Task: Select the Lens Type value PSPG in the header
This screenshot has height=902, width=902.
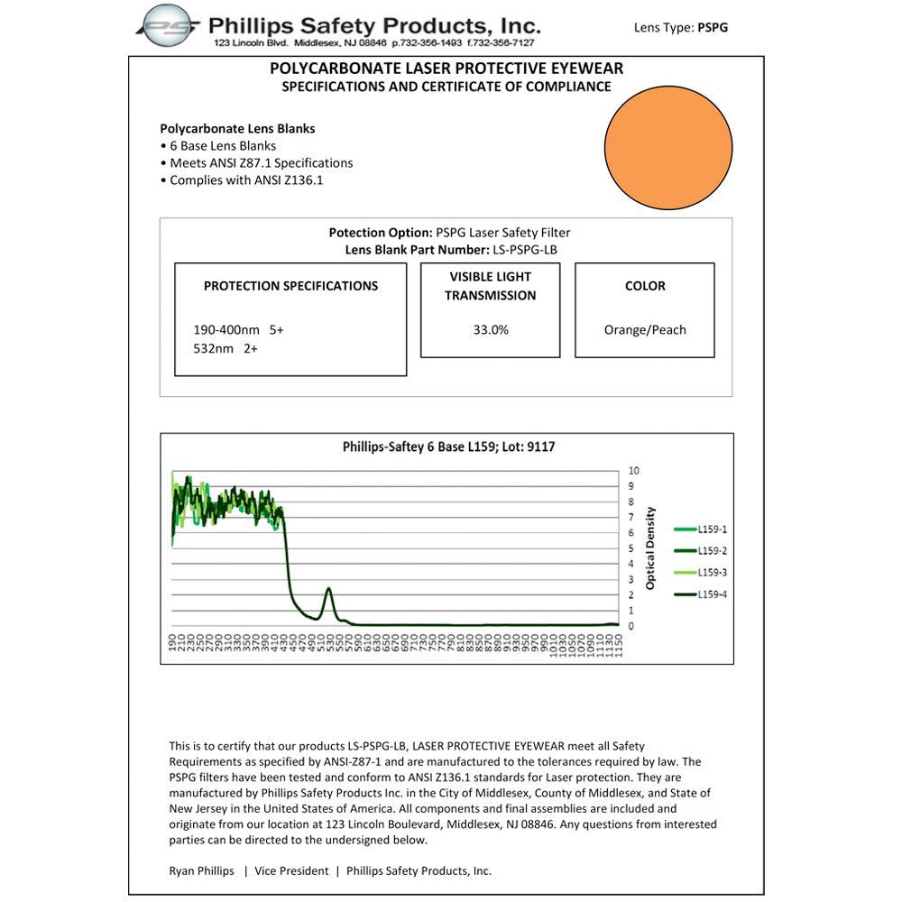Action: pyautogui.click(x=713, y=28)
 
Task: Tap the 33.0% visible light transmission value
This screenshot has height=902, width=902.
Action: pyautogui.click(x=491, y=330)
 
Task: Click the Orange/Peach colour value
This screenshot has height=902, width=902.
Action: pyautogui.click(x=645, y=330)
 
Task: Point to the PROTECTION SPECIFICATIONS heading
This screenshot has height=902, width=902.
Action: pyautogui.click(x=290, y=286)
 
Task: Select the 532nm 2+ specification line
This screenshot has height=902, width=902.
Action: pyautogui.click(x=225, y=348)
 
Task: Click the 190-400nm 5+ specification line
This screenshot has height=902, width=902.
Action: pyautogui.click(x=238, y=330)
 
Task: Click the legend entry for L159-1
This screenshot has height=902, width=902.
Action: pyautogui.click(x=709, y=529)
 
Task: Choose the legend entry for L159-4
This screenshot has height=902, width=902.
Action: pyautogui.click(x=709, y=594)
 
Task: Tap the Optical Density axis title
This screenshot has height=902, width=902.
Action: pyautogui.click(x=650, y=548)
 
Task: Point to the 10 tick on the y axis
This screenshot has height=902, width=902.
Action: pyautogui.click(x=634, y=471)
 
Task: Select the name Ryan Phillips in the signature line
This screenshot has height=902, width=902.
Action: pyautogui.click(x=201, y=871)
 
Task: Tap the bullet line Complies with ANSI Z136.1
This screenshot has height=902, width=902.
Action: pyautogui.click(x=245, y=180)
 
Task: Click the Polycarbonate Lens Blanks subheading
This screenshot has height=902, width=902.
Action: pyautogui.click(x=237, y=129)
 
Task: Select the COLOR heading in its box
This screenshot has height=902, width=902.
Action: pyautogui.click(x=645, y=286)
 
